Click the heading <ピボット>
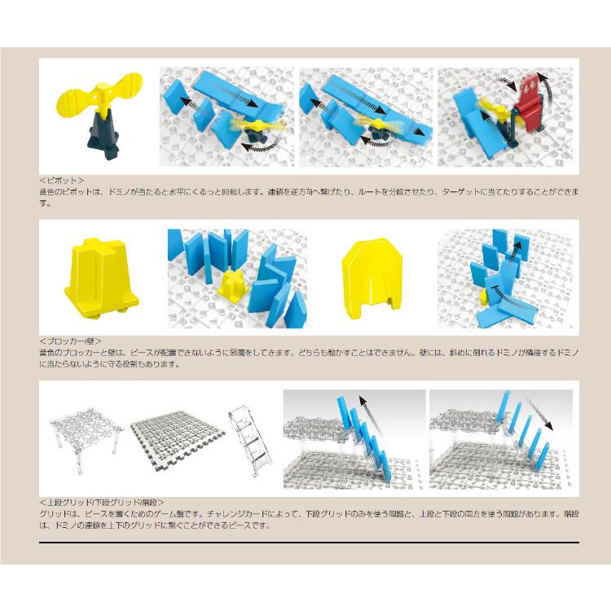pos(61,180)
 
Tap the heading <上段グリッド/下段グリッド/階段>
pos(102,503)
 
